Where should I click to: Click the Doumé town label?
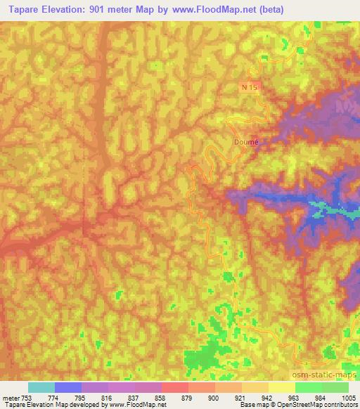click(x=245, y=141)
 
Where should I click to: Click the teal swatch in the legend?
click(x=41, y=387)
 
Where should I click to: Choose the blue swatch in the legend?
click(x=68, y=387)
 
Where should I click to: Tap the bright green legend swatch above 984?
click(x=309, y=387)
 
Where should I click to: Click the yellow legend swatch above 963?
click(x=282, y=387)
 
